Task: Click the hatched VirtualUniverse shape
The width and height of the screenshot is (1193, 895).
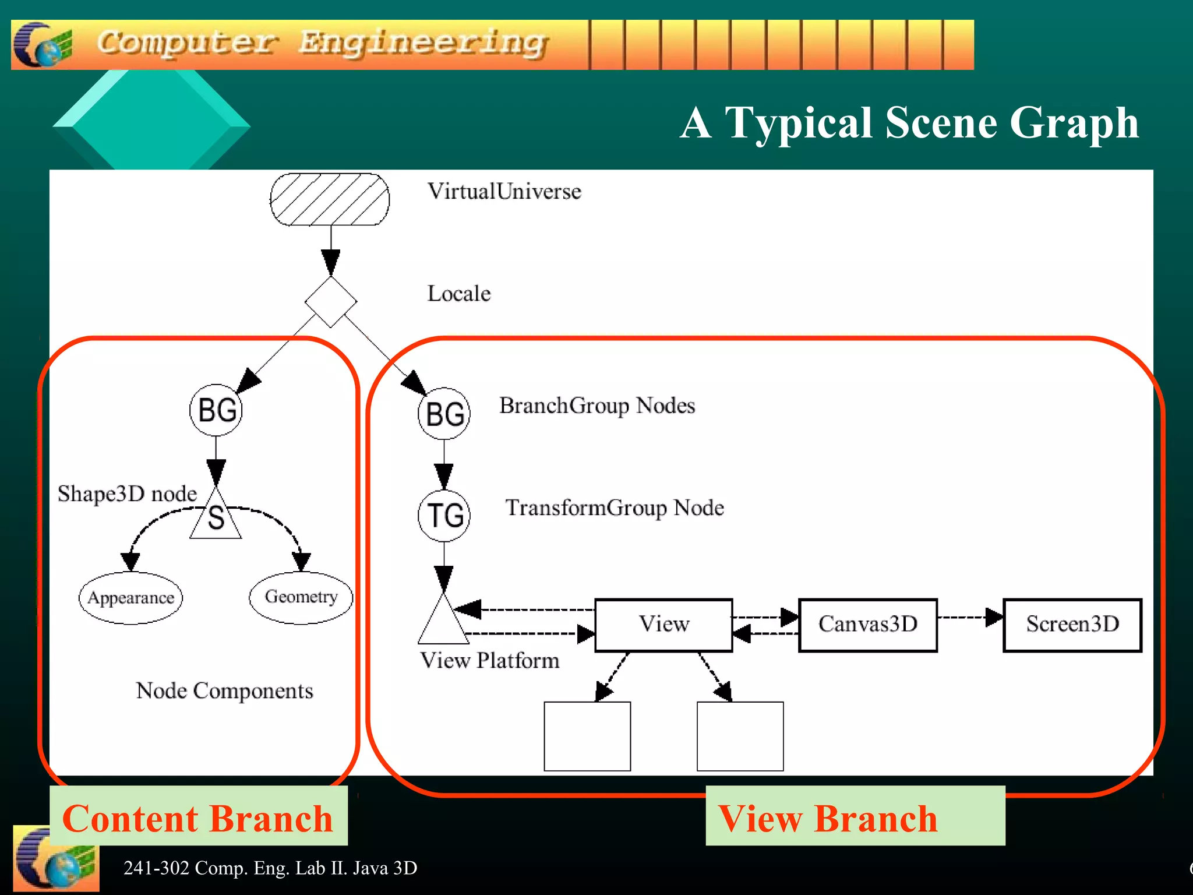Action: point(330,199)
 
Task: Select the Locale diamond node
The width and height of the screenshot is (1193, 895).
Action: point(330,302)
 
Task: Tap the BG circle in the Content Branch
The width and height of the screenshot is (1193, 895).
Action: point(216,410)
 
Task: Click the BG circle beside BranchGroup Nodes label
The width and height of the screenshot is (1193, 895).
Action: point(444,414)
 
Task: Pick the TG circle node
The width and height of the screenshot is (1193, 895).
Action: point(444,516)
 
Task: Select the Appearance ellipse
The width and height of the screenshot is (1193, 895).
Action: point(130,598)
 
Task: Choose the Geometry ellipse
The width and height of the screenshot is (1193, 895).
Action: point(301,597)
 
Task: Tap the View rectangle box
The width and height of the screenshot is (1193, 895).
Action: point(663,625)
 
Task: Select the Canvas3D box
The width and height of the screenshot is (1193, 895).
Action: point(867,625)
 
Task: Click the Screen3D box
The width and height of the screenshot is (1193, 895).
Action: point(1072,625)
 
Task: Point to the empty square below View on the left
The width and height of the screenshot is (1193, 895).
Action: point(587,736)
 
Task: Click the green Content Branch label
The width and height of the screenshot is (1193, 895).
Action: point(198,817)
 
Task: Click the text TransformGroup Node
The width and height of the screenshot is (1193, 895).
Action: point(615,508)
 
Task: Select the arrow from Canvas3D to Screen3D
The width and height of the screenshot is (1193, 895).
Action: point(970,617)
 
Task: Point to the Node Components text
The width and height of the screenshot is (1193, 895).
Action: point(224,691)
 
